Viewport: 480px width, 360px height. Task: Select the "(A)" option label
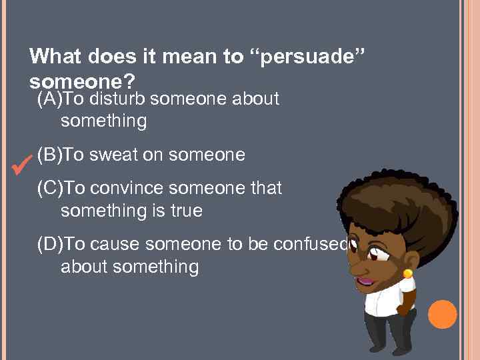[x=50, y=99]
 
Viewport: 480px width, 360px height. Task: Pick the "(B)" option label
[x=50, y=155]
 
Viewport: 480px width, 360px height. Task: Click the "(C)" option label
[x=50, y=189]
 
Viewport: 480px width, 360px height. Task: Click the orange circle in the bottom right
[x=442, y=315]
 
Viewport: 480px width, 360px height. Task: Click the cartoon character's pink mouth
[x=367, y=282]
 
